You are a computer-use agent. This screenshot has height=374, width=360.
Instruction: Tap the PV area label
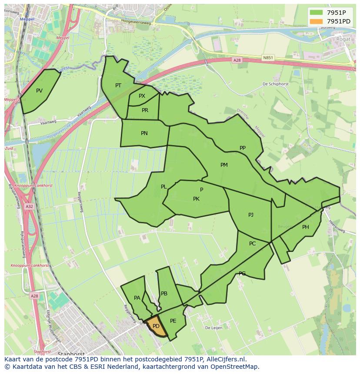[40, 91]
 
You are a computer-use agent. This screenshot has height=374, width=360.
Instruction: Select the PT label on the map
[118, 86]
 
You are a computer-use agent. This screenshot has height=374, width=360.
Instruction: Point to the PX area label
[142, 96]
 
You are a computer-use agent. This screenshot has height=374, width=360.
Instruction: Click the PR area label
[145, 110]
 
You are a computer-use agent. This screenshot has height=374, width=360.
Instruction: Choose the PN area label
[144, 133]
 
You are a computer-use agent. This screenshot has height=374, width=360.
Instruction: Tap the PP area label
[243, 148]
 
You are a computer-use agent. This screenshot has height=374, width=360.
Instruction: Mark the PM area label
[224, 165]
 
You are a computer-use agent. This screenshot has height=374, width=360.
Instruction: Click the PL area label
[163, 187]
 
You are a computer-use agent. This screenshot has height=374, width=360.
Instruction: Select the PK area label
[196, 199]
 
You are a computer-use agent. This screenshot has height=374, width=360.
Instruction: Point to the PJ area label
[251, 215]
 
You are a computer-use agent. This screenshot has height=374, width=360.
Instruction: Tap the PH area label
[306, 227]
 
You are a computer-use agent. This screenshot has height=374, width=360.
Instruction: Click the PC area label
[253, 244]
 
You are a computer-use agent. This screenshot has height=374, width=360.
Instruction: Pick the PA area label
[137, 298]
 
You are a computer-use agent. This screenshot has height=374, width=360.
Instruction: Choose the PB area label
[164, 294]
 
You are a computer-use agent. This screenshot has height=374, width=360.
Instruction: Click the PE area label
[173, 321]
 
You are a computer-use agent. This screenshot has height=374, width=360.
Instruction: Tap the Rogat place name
[343, 39]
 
